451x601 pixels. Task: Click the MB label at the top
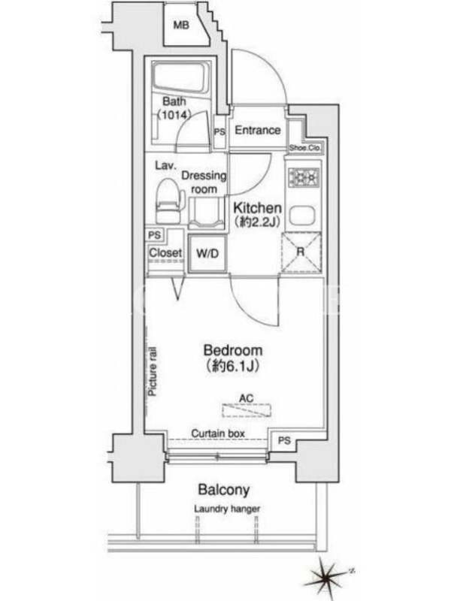(x=181, y=26)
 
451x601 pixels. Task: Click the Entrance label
(x=257, y=130)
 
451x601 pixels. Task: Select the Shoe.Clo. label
(x=305, y=147)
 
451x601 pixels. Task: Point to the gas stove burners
(x=304, y=177)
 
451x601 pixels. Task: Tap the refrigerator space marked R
(x=301, y=252)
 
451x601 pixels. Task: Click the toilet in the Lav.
(x=171, y=201)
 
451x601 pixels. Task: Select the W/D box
(x=207, y=253)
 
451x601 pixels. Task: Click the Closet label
(x=165, y=252)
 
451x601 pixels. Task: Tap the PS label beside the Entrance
(x=219, y=132)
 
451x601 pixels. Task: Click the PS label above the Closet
(x=155, y=234)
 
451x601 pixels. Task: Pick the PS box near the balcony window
(x=284, y=440)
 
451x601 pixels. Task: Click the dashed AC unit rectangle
(x=247, y=410)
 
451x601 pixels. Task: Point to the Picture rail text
(x=153, y=371)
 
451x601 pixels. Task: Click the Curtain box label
(x=218, y=433)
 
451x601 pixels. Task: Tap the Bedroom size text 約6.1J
(x=232, y=366)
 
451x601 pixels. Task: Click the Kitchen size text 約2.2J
(x=257, y=222)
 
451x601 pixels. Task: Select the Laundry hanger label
(x=227, y=509)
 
